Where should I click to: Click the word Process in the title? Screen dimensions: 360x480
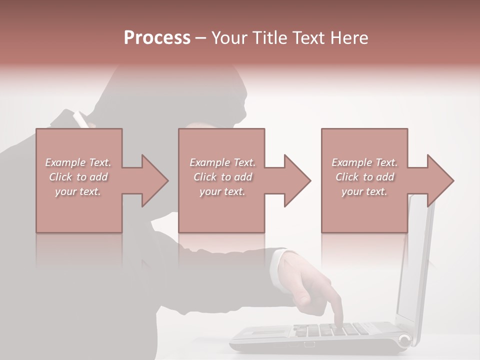[157, 38]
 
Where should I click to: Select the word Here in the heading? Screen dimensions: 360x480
[348, 38]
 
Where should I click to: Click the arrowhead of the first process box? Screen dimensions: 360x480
[155, 180]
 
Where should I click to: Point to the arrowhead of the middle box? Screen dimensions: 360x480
[298, 180]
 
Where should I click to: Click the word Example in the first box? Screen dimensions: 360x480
[65, 162]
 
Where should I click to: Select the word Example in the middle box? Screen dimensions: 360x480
[209, 162]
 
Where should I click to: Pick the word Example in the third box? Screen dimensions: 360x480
[351, 162]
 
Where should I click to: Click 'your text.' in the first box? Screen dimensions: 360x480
[78, 191]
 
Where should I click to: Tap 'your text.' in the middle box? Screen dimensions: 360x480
[222, 191]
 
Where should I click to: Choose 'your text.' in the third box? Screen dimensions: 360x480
[364, 191]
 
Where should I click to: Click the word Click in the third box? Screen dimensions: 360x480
[347, 177]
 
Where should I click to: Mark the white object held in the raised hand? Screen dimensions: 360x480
[80, 120]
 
